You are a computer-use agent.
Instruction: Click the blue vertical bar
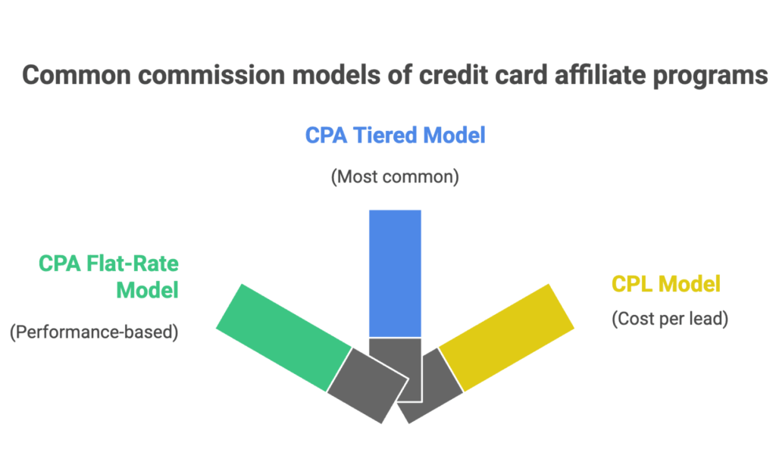pyautogui.click(x=395, y=273)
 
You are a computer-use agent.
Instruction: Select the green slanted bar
pyautogui.click(x=283, y=338)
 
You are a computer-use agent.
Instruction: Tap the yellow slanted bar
pyautogui.click(x=506, y=338)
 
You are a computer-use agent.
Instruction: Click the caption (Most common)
pyautogui.click(x=395, y=177)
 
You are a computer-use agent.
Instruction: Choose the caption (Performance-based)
pyautogui.click(x=94, y=332)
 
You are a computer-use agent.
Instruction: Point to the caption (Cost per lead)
pyautogui.click(x=670, y=319)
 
